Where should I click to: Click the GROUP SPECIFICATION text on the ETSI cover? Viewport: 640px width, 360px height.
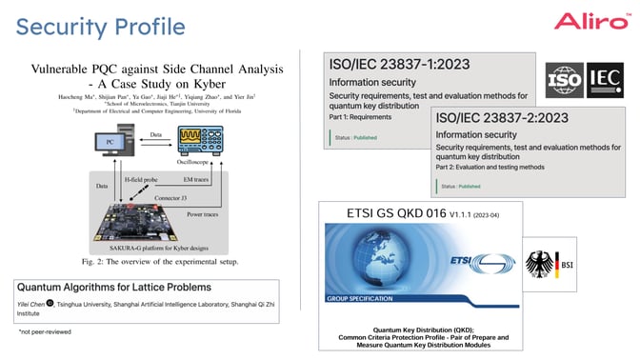coord(361,299)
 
